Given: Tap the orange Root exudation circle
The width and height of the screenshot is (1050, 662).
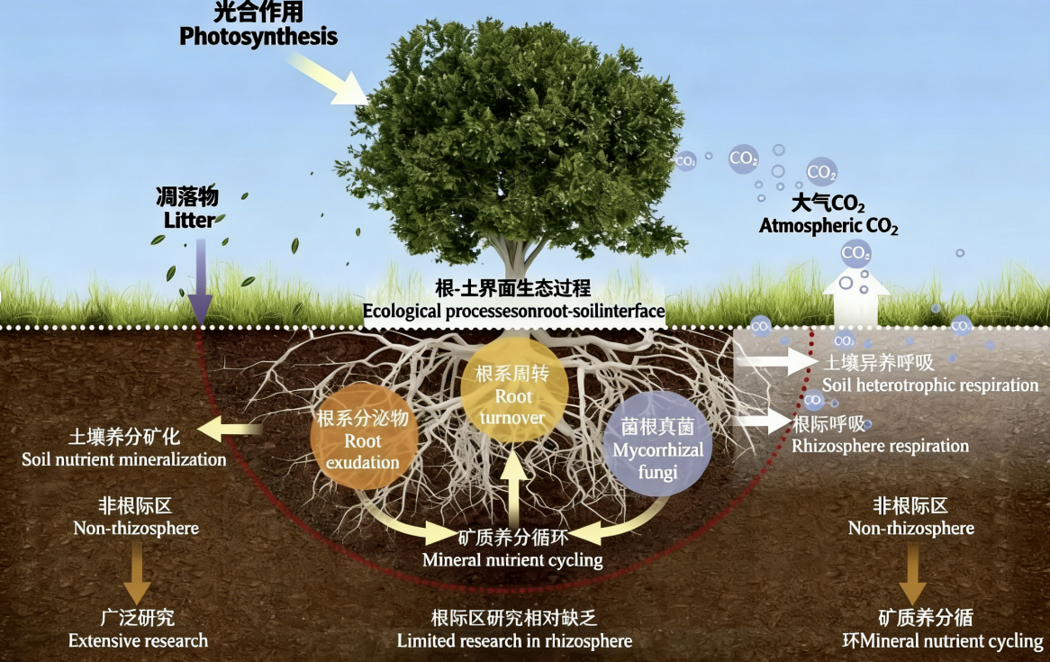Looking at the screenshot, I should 363,440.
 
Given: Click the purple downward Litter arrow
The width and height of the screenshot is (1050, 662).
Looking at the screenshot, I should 200,279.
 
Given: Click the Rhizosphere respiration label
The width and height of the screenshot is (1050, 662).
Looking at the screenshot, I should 879,435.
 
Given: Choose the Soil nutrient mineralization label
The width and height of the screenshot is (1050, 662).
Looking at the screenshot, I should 124,448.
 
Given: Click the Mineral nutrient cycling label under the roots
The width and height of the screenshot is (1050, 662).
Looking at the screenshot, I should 512,549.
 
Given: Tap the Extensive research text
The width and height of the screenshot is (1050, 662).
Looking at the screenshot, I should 138,630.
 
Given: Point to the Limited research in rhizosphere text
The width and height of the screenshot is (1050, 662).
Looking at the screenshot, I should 514,630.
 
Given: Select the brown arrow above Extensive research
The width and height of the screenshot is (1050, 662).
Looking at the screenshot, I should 138,575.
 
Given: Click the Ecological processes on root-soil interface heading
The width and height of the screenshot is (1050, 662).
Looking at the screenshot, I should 513,301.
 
